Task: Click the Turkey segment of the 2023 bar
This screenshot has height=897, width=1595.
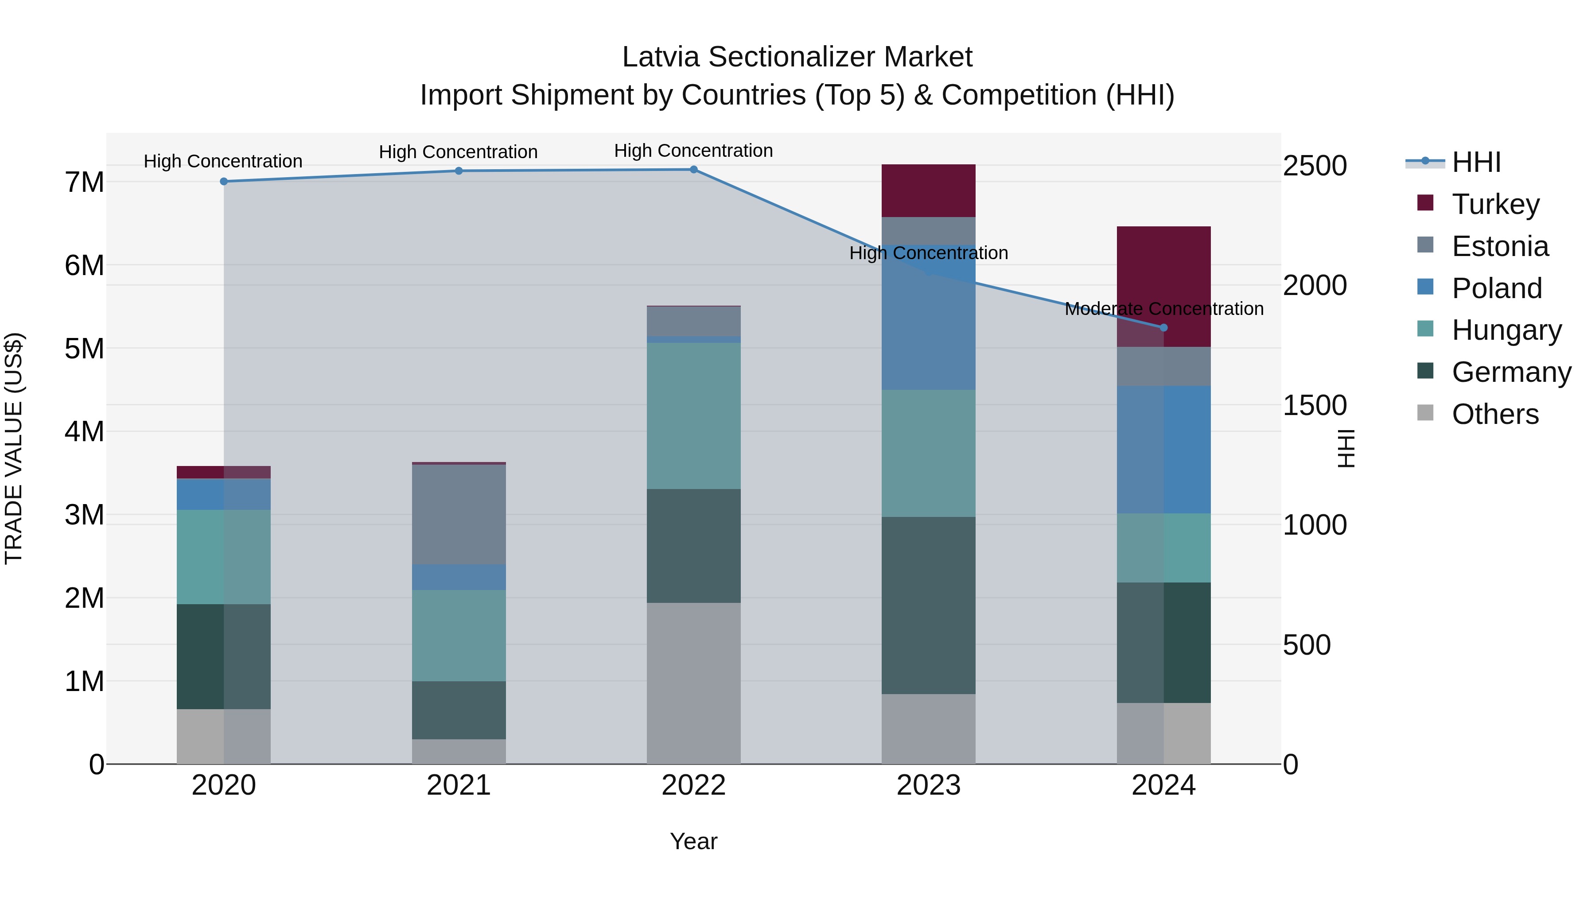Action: [928, 190]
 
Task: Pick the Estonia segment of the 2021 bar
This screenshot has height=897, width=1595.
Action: [459, 514]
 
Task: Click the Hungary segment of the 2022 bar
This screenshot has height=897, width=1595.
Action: [693, 415]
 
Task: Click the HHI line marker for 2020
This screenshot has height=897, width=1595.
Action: [224, 181]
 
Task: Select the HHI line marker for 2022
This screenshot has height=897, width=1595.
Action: [693, 170]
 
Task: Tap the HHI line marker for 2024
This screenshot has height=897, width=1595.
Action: [1163, 327]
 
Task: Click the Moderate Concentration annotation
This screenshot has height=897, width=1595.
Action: [1163, 308]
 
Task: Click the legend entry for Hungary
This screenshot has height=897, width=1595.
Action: [1506, 330]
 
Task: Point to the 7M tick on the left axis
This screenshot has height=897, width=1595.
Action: [84, 183]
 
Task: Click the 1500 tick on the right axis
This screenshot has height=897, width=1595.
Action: [1315, 405]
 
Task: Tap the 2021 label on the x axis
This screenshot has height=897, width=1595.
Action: [459, 785]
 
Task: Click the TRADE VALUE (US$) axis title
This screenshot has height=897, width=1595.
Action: [14, 448]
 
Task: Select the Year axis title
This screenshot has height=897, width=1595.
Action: [693, 841]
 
